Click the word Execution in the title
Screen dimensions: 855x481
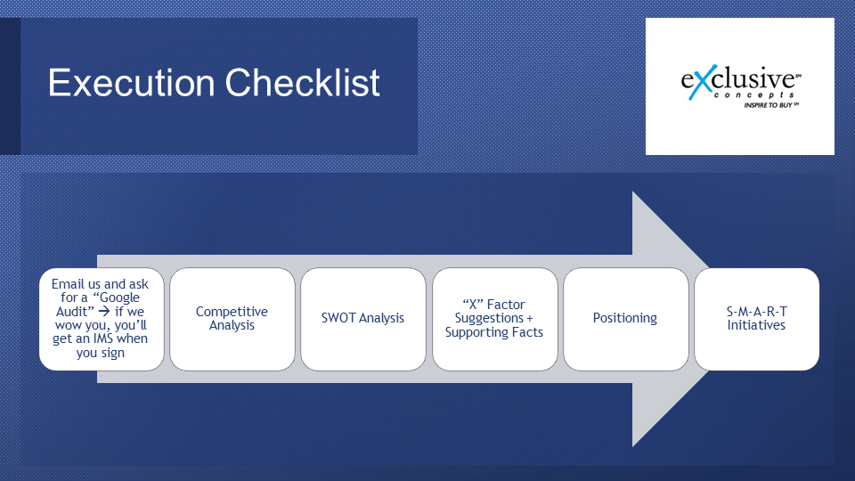point(131,83)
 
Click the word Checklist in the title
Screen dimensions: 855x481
point(302,83)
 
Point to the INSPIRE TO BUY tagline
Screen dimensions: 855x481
point(770,105)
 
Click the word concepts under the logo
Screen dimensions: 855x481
point(753,95)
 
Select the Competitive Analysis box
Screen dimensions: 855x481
point(232,319)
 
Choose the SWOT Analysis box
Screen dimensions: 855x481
point(363,319)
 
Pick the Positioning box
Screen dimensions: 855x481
point(626,319)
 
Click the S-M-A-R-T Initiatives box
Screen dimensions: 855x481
point(757,319)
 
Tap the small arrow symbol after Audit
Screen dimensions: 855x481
point(104,312)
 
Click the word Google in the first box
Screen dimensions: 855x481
point(119,298)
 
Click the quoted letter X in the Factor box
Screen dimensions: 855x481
point(473,305)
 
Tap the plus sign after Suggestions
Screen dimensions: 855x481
point(529,318)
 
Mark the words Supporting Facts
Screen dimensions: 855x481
point(494,332)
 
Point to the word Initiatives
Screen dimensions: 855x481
point(756,325)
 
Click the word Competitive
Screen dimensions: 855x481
point(232,312)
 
